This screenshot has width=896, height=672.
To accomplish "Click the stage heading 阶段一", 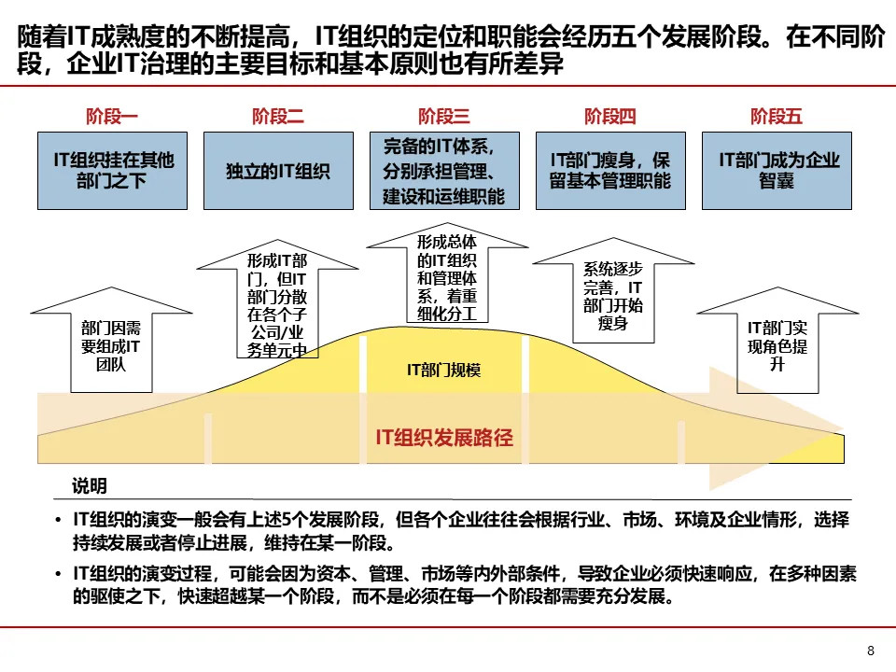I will (x=112, y=117).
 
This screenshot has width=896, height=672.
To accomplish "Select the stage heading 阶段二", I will (x=278, y=117).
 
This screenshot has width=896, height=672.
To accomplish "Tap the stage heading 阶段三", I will (x=444, y=117).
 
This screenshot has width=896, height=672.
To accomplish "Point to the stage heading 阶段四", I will (x=610, y=117).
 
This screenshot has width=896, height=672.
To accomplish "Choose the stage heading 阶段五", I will (x=777, y=117).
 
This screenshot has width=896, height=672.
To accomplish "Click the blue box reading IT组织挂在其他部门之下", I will (x=113, y=170).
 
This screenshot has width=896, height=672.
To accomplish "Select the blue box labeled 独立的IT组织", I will (x=278, y=170).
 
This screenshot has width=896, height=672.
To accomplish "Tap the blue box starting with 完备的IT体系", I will (x=444, y=170).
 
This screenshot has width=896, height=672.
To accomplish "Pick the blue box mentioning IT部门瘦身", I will (x=610, y=170).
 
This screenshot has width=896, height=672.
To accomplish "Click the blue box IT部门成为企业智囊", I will (x=777, y=170).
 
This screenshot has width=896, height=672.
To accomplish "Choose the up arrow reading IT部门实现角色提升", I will (x=777, y=344).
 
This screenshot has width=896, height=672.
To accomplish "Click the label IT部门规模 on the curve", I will (x=444, y=371).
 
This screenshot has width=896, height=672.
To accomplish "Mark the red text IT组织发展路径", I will (x=444, y=437).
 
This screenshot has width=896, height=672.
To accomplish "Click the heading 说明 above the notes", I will (x=90, y=486).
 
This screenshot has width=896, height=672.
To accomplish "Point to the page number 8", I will (x=871, y=651).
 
